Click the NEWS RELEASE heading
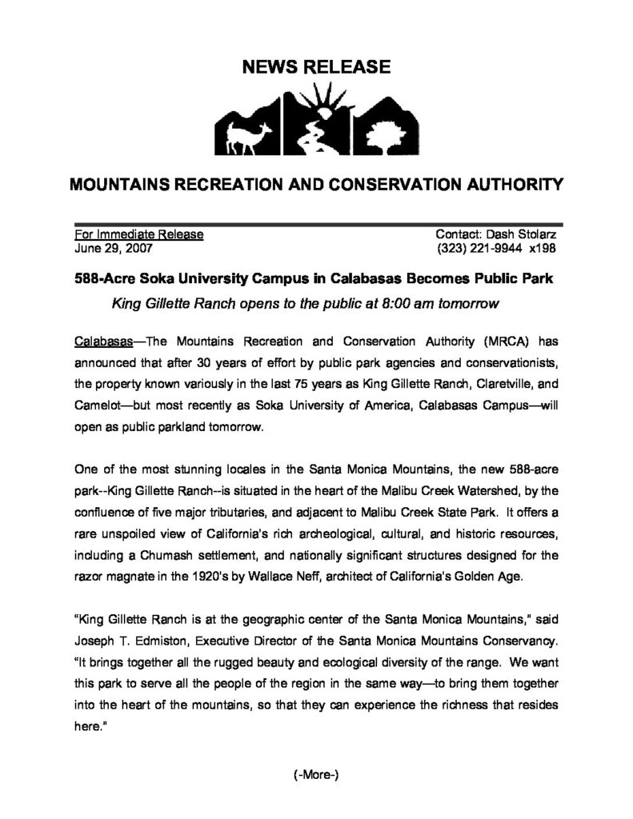pyautogui.click(x=317, y=67)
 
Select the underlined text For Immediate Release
pyautogui.click(x=138, y=235)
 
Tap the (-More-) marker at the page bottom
pyautogui.click(x=316, y=774)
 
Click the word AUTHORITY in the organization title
pyautogui.click(x=501, y=186)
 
